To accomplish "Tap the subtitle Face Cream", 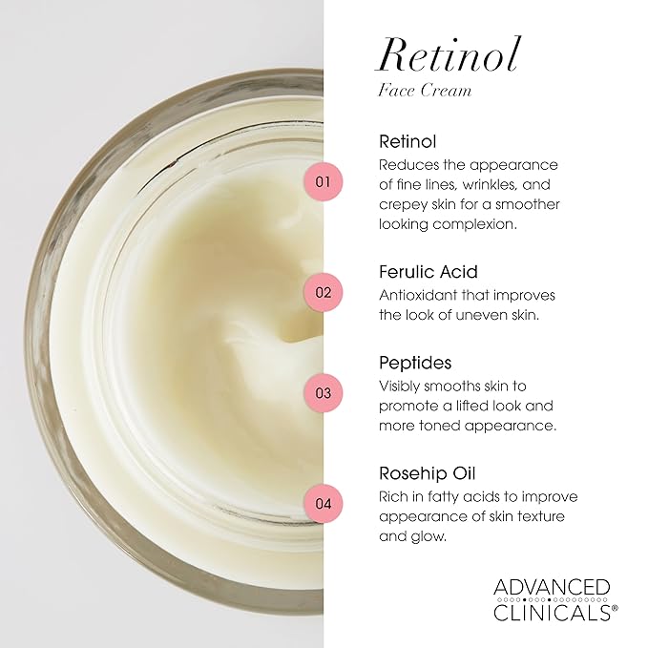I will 425,92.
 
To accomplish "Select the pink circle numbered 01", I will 322,180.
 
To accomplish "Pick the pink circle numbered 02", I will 322,292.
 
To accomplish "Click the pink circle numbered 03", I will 322,392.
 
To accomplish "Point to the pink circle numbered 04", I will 322,503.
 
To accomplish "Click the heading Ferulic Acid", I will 428,272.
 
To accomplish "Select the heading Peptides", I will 415,364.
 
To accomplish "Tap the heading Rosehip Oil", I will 427,473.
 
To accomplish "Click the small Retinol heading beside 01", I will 408,141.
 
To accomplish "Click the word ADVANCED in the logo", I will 551,586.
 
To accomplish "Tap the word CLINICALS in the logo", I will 551,612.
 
